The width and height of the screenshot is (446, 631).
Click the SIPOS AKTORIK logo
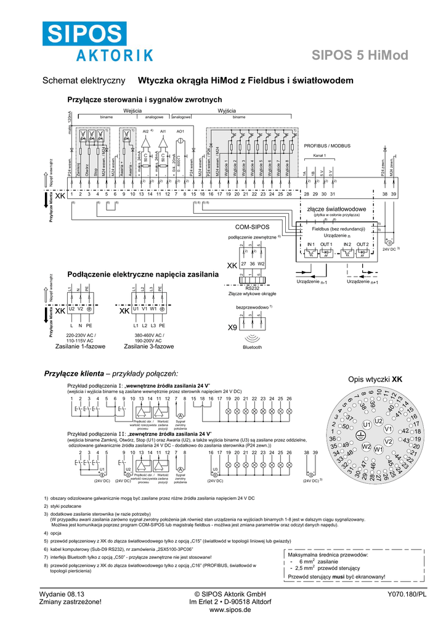point(97,41)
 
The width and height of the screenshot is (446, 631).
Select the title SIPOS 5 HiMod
point(360,56)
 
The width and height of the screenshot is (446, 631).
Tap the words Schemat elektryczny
point(83,81)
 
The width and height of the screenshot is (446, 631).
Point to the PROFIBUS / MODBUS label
point(327,146)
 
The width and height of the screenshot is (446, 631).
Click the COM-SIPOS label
point(253,227)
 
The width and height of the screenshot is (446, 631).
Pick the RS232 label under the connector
point(252,287)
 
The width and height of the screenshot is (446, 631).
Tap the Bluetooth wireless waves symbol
point(252,338)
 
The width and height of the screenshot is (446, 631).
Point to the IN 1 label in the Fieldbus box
point(311,245)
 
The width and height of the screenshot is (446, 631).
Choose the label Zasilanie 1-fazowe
point(80,346)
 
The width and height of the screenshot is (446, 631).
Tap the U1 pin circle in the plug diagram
point(366,425)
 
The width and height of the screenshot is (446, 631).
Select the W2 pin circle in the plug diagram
point(366,446)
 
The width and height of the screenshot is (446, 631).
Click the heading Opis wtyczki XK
point(375,380)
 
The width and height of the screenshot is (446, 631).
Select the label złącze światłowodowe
point(336,210)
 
